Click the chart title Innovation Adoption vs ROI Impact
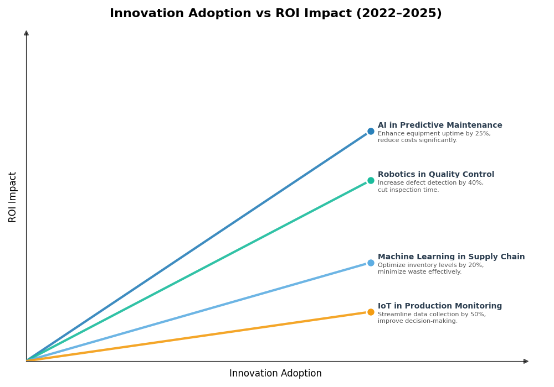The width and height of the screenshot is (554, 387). pos(275,14)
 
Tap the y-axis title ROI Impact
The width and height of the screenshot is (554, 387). pos(13,197)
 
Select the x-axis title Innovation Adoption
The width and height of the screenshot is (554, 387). pos(275,374)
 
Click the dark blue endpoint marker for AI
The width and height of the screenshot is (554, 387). pos(371,132)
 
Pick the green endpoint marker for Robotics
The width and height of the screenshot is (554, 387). pos(371,181)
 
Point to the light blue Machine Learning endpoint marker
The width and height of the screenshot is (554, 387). pos(371,263)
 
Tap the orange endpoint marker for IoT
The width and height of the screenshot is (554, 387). pos(371,312)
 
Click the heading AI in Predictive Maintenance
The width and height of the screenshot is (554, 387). pos(440,125)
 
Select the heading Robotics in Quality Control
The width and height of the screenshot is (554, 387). pos(436,175)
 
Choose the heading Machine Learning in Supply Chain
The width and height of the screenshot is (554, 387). pos(451,257)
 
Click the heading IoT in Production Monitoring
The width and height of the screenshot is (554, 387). pos(440,306)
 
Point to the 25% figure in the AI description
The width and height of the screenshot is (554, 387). pos(483,134)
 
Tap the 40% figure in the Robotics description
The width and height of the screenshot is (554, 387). pos(476,183)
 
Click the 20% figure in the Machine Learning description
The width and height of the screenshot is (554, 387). pos(476,265)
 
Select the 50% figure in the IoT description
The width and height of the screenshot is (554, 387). pos(478,315)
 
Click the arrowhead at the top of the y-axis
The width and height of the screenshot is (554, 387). pos(26,33)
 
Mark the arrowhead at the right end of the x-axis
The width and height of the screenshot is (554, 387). pos(526,362)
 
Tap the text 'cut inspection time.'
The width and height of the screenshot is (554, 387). pos(408,190)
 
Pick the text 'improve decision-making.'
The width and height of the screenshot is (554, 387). pos(418,321)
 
